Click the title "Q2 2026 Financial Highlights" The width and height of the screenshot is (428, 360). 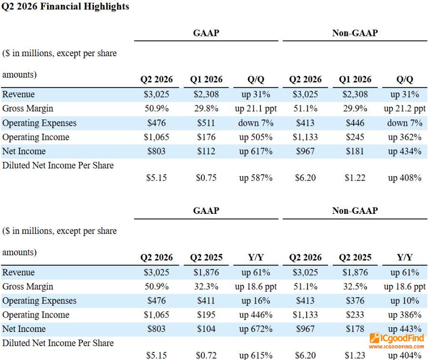tap(65, 7)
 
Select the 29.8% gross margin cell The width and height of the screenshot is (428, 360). tap(206, 109)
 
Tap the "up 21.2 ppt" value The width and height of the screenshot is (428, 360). tap(405, 109)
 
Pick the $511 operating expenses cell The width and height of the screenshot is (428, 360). tap(206, 123)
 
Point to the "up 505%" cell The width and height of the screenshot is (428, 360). tap(256, 137)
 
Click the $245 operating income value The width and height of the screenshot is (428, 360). tap(355, 137)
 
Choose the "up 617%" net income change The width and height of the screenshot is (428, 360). tap(256, 151)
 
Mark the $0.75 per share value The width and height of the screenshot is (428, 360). tap(206, 178)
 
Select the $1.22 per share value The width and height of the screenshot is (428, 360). tap(355, 178)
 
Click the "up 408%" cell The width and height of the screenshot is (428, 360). tap(405, 178)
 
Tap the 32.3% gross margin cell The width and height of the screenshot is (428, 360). tap(206, 287)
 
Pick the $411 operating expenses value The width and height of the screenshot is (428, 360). tap(206, 301)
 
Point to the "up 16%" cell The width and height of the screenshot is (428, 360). tap(256, 301)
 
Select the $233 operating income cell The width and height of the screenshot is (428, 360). tap(355, 315)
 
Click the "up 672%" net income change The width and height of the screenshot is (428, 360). tap(256, 329)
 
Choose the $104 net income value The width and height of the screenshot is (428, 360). tap(206, 329)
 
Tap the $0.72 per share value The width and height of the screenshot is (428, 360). tap(206, 355)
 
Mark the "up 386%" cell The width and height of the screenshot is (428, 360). tap(405, 315)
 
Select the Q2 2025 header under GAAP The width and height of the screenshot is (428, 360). tap(206, 258)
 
